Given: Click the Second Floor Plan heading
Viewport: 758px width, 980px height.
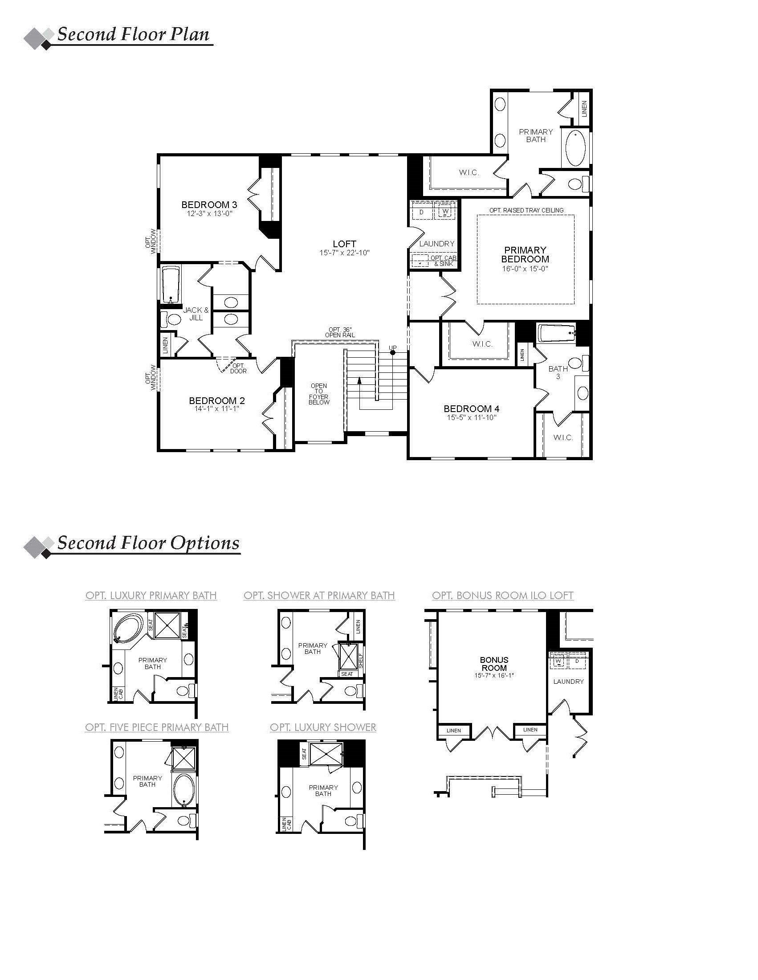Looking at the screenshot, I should point(133,34).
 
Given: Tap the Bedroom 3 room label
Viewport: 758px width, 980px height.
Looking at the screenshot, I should point(209,205).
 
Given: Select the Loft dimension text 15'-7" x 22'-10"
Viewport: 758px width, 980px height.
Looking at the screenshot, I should point(344,253).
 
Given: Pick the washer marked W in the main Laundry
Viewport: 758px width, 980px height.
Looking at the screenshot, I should point(445,211).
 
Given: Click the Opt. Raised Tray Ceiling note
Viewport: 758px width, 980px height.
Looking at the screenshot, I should point(526,210).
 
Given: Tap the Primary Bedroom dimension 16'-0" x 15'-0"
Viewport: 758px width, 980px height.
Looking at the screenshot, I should point(525,269).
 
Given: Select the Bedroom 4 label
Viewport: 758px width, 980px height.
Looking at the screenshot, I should point(471,409).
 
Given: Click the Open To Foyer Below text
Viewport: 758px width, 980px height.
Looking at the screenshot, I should point(319,394).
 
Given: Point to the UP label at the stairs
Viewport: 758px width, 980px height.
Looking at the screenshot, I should point(392,348).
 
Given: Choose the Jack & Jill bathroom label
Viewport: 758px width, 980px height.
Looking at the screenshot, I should point(196,314).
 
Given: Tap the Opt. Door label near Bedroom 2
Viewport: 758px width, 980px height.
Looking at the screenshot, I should point(238,368).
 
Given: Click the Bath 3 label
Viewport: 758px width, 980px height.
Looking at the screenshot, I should point(558,372).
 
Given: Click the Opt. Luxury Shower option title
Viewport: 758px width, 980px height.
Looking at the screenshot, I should point(323,727).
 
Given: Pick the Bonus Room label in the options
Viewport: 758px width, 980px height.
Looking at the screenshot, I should point(494,664).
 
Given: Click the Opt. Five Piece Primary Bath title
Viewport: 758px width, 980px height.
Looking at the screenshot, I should point(156,727).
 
